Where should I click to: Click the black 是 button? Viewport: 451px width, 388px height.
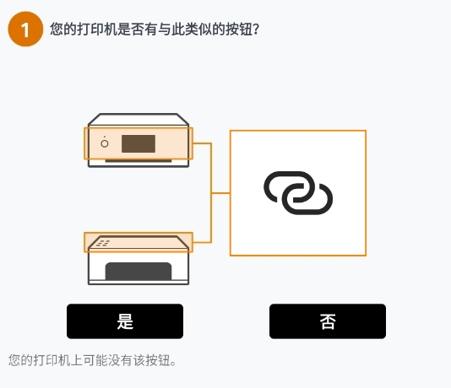125,321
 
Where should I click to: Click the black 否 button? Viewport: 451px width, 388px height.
328,321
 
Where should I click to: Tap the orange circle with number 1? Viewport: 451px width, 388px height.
24,30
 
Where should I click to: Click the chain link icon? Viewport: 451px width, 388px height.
298,193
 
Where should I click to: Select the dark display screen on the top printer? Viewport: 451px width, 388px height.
139,143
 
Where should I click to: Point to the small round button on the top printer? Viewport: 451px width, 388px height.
105,143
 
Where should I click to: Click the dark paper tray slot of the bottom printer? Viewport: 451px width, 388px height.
139,272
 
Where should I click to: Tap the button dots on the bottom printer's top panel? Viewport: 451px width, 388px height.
103,243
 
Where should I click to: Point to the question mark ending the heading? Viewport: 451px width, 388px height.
255,30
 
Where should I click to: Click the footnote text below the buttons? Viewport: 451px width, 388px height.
92,360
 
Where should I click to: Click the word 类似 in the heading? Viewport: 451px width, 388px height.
193,30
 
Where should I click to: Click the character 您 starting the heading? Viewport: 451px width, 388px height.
57,30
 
